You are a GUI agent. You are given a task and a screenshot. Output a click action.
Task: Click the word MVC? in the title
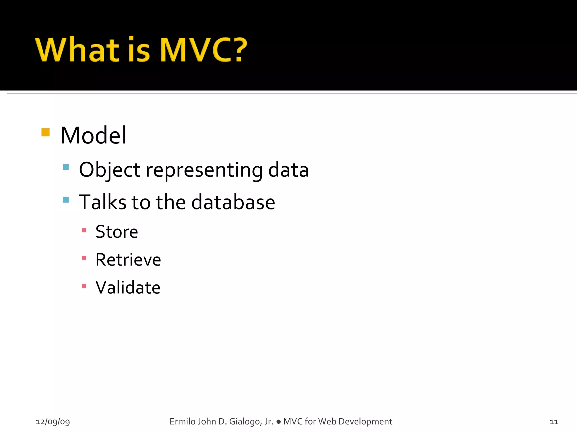203,50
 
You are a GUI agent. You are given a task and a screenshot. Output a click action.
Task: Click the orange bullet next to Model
45,132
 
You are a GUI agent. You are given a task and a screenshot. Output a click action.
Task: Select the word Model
94,136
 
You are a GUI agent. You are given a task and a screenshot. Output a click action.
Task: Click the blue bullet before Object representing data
66,167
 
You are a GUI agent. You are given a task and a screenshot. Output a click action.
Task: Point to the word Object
109,170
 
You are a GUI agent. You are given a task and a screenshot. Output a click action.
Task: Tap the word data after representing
288,170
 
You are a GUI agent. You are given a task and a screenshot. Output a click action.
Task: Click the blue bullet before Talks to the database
66,200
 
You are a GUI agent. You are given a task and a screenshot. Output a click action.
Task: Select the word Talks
103,202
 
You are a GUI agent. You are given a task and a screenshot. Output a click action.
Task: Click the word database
233,202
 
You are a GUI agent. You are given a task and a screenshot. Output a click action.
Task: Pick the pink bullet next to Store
84,230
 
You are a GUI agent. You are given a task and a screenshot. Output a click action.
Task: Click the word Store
117,232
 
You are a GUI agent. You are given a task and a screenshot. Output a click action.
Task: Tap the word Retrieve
128,260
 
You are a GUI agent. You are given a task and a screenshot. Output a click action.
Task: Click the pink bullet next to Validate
84,286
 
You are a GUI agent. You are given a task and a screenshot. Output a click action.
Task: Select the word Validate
128,288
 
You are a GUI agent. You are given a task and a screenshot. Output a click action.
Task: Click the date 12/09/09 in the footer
53,422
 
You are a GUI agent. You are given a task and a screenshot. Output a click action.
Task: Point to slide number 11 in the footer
554,422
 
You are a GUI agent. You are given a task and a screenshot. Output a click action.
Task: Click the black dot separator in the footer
278,422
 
